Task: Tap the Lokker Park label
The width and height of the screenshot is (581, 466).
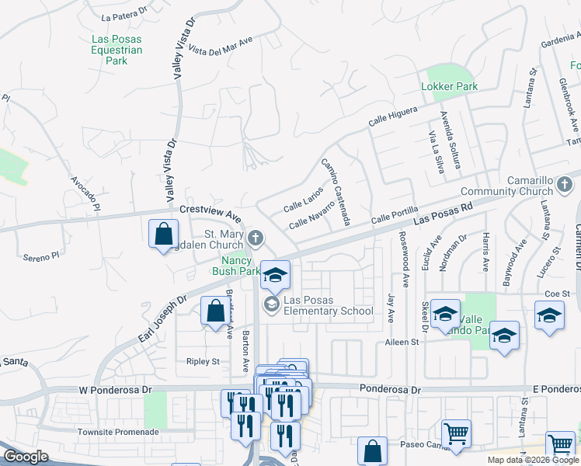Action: [x=449, y=86]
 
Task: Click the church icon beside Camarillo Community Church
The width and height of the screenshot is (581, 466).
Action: [x=565, y=185]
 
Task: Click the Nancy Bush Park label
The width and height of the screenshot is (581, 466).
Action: [x=236, y=266]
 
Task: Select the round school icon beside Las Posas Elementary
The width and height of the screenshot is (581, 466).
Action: [x=271, y=304]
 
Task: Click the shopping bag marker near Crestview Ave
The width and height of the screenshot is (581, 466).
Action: [x=164, y=234]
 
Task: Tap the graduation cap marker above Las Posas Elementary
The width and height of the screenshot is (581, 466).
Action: [x=275, y=275]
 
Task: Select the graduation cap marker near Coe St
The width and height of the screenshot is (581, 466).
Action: [x=549, y=317]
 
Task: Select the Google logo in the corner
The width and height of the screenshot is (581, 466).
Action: [x=26, y=457]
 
